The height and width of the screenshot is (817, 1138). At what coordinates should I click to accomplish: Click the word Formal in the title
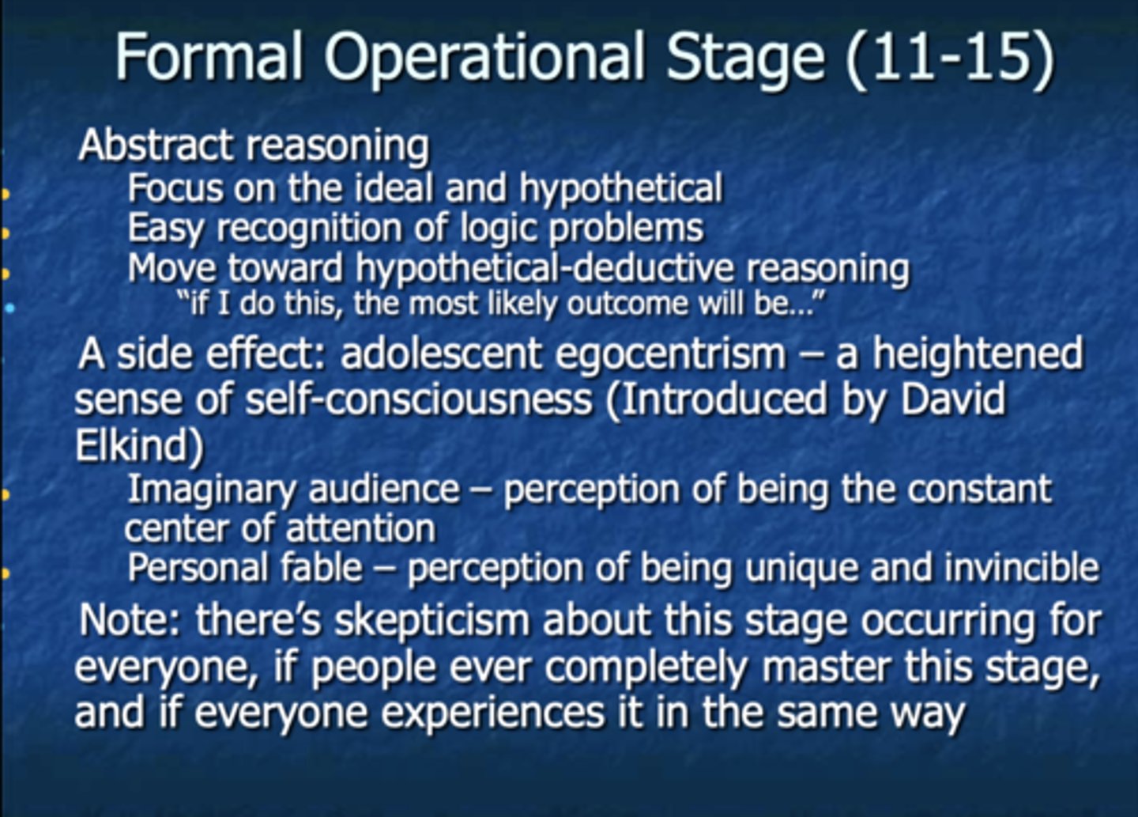point(209,56)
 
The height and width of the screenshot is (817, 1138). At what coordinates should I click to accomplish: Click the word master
point(825,666)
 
